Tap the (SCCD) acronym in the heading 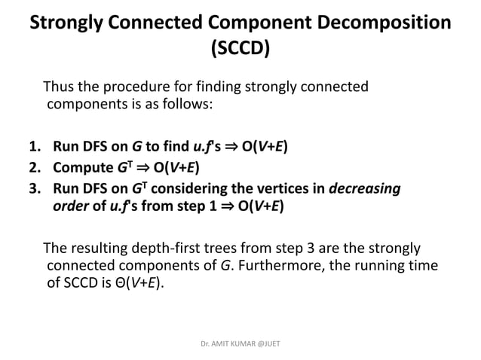(x=240, y=49)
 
